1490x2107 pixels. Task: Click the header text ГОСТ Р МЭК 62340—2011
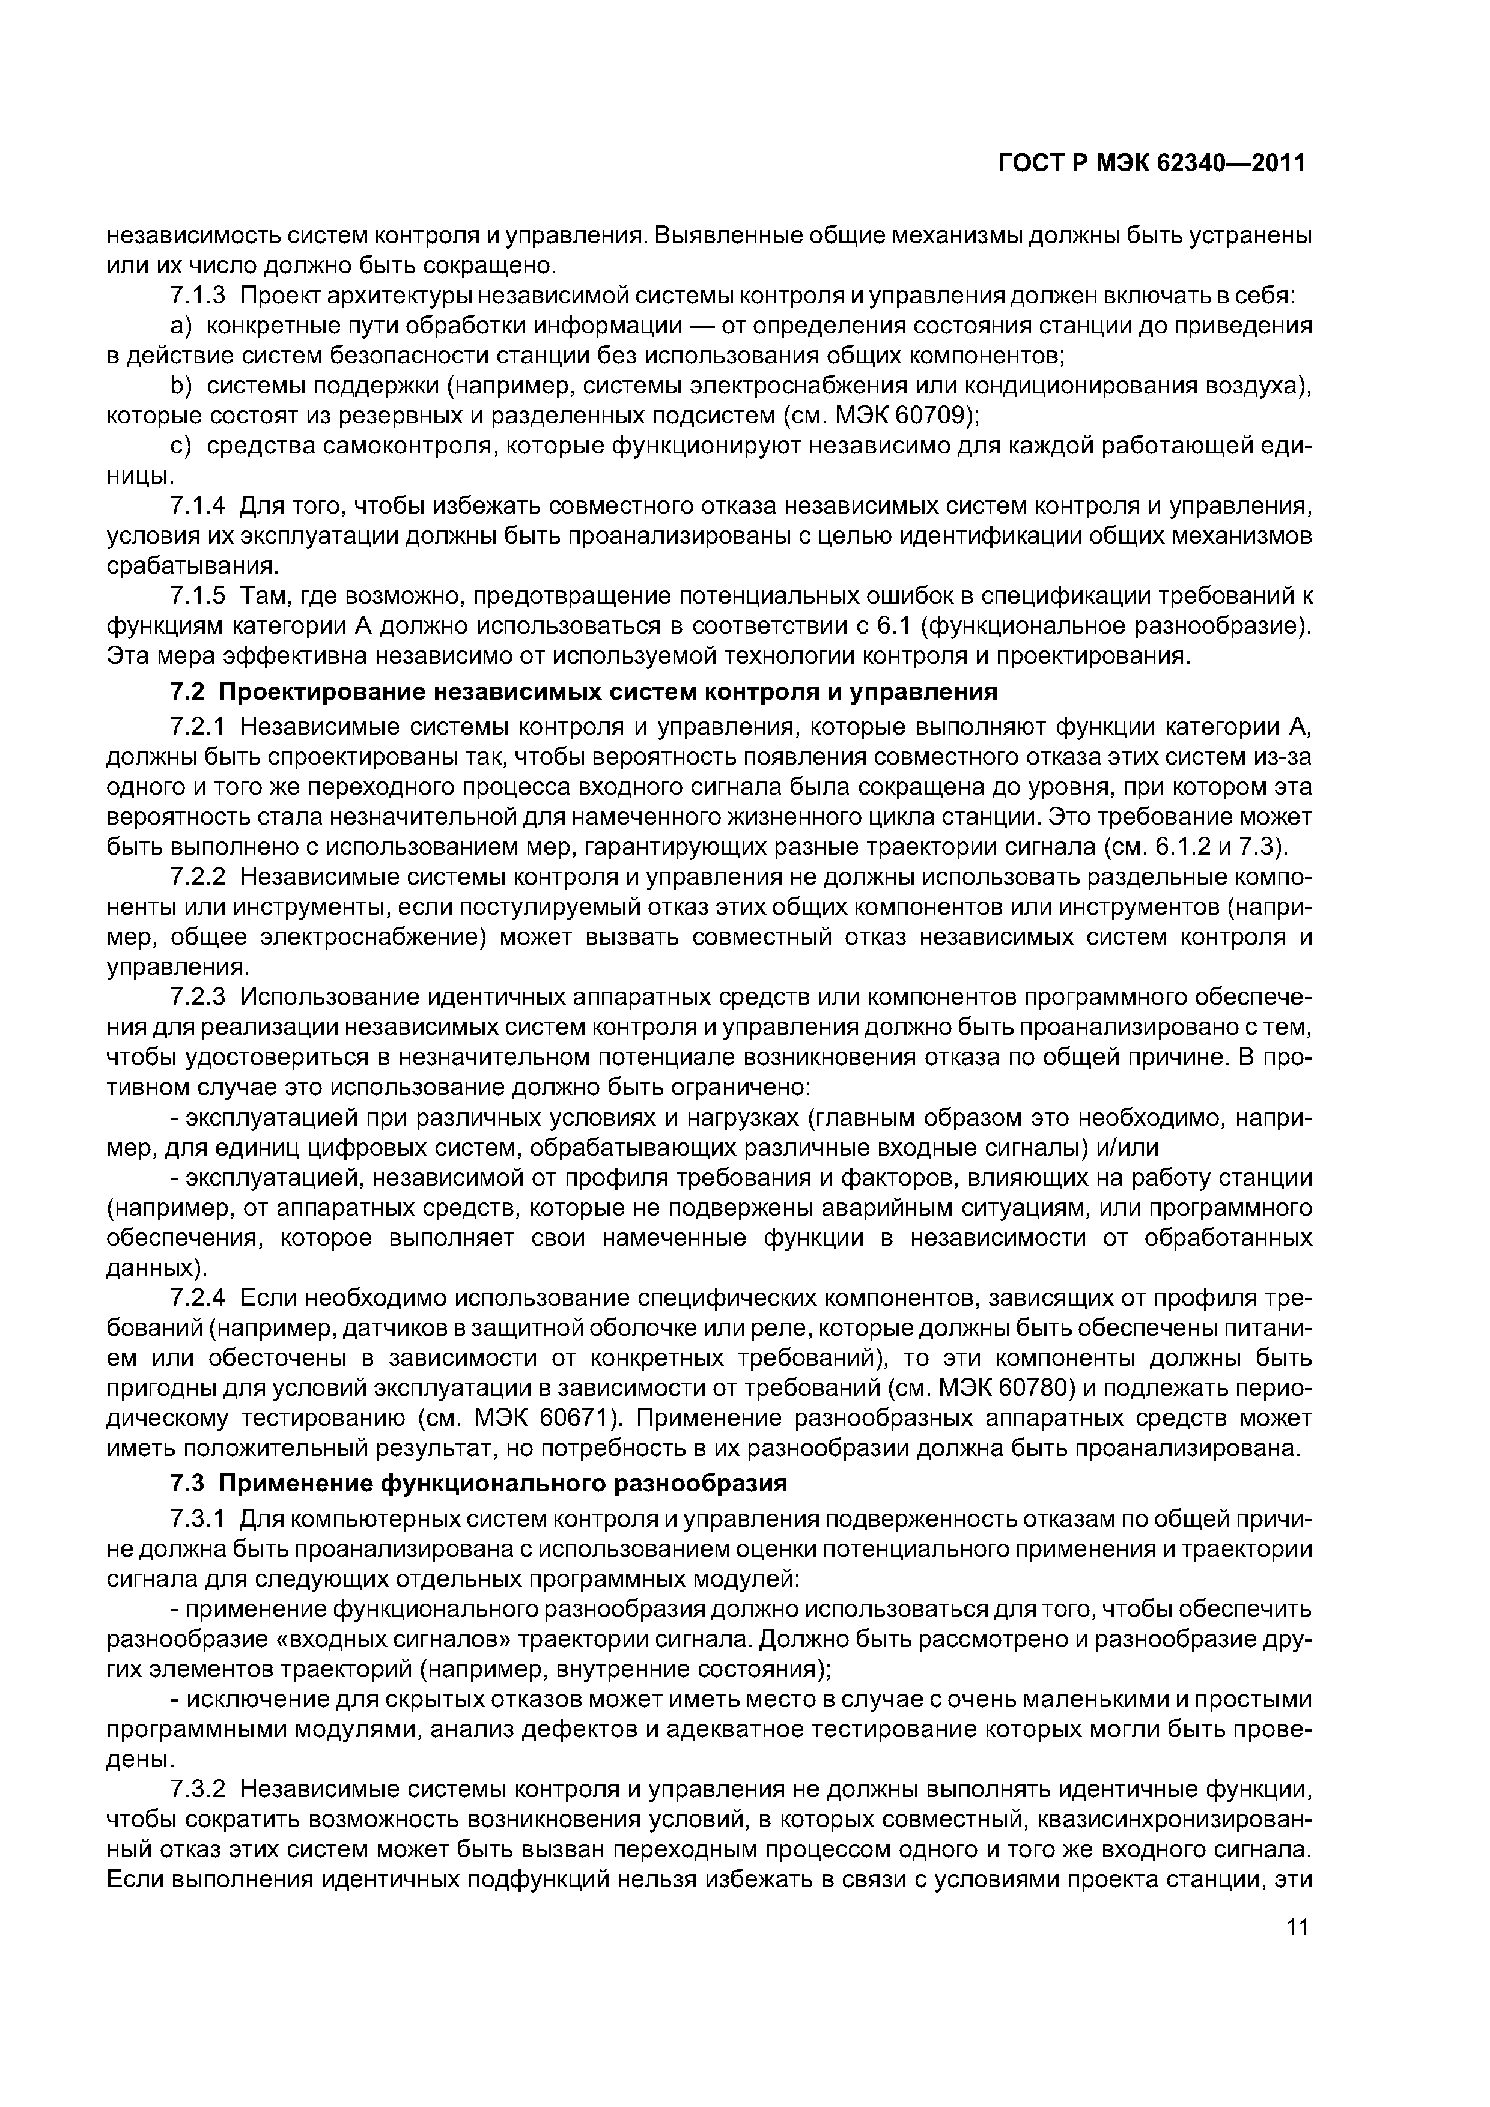1151,164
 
